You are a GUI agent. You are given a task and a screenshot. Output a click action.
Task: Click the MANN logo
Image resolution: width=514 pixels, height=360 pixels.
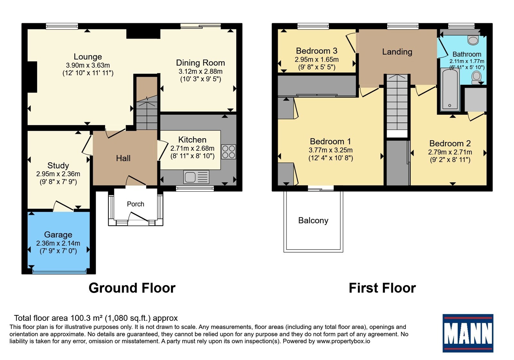pyautogui.click(x=468, y=333)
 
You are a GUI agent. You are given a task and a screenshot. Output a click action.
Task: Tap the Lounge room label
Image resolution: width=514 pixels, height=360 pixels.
pyautogui.click(x=88, y=57)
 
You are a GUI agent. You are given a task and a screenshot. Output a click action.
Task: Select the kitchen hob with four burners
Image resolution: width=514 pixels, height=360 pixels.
pyautogui.click(x=228, y=152)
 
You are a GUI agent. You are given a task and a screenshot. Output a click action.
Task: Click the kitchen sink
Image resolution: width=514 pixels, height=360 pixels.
pyautogui.click(x=196, y=177)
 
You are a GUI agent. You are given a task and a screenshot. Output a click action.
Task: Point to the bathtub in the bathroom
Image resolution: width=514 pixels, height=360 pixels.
pyautogui.click(x=450, y=90)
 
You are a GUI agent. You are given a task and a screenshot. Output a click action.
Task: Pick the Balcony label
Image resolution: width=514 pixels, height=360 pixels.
pyautogui.click(x=313, y=221)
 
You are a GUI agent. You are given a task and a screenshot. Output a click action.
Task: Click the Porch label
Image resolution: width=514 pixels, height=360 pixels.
pyautogui.click(x=135, y=204)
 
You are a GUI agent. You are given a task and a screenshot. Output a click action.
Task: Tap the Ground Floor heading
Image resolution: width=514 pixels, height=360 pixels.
pyautogui.click(x=132, y=288)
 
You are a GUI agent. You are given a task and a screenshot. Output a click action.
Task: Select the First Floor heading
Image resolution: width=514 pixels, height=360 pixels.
pyautogui.click(x=382, y=288)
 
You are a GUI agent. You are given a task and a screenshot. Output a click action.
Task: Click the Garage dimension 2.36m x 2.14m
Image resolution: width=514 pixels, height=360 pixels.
pyautogui.click(x=58, y=243)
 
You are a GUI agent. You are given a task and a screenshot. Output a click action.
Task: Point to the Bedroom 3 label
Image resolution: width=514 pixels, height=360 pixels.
pyautogui.click(x=317, y=50)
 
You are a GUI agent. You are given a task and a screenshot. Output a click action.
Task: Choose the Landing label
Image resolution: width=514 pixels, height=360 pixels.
pyautogui.click(x=397, y=52)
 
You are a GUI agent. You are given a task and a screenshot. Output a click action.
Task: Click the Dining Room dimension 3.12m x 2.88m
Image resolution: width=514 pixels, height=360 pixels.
pyautogui.click(x=200, y=71)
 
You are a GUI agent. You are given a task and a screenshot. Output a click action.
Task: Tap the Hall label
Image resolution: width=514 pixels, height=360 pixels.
pyautogui.click(x=123, y=158)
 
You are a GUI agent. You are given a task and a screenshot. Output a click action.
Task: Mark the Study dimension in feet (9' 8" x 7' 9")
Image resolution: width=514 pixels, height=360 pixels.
pyautogui.click(x=58, y=182)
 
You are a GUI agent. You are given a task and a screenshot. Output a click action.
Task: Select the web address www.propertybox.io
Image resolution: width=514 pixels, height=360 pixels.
pyautogui.click(x=343, y=341)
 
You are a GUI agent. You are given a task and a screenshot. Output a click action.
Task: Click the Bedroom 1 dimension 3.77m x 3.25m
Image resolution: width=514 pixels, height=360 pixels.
pyautogui.click(x=331, y=150)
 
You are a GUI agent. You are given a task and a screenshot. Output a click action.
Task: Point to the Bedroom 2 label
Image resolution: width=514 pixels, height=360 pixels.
pyautogui.click(x=450, y=143)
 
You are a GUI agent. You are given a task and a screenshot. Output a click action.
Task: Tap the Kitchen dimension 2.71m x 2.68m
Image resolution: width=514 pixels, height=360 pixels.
pyautogui.click(x=192, y=148)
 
